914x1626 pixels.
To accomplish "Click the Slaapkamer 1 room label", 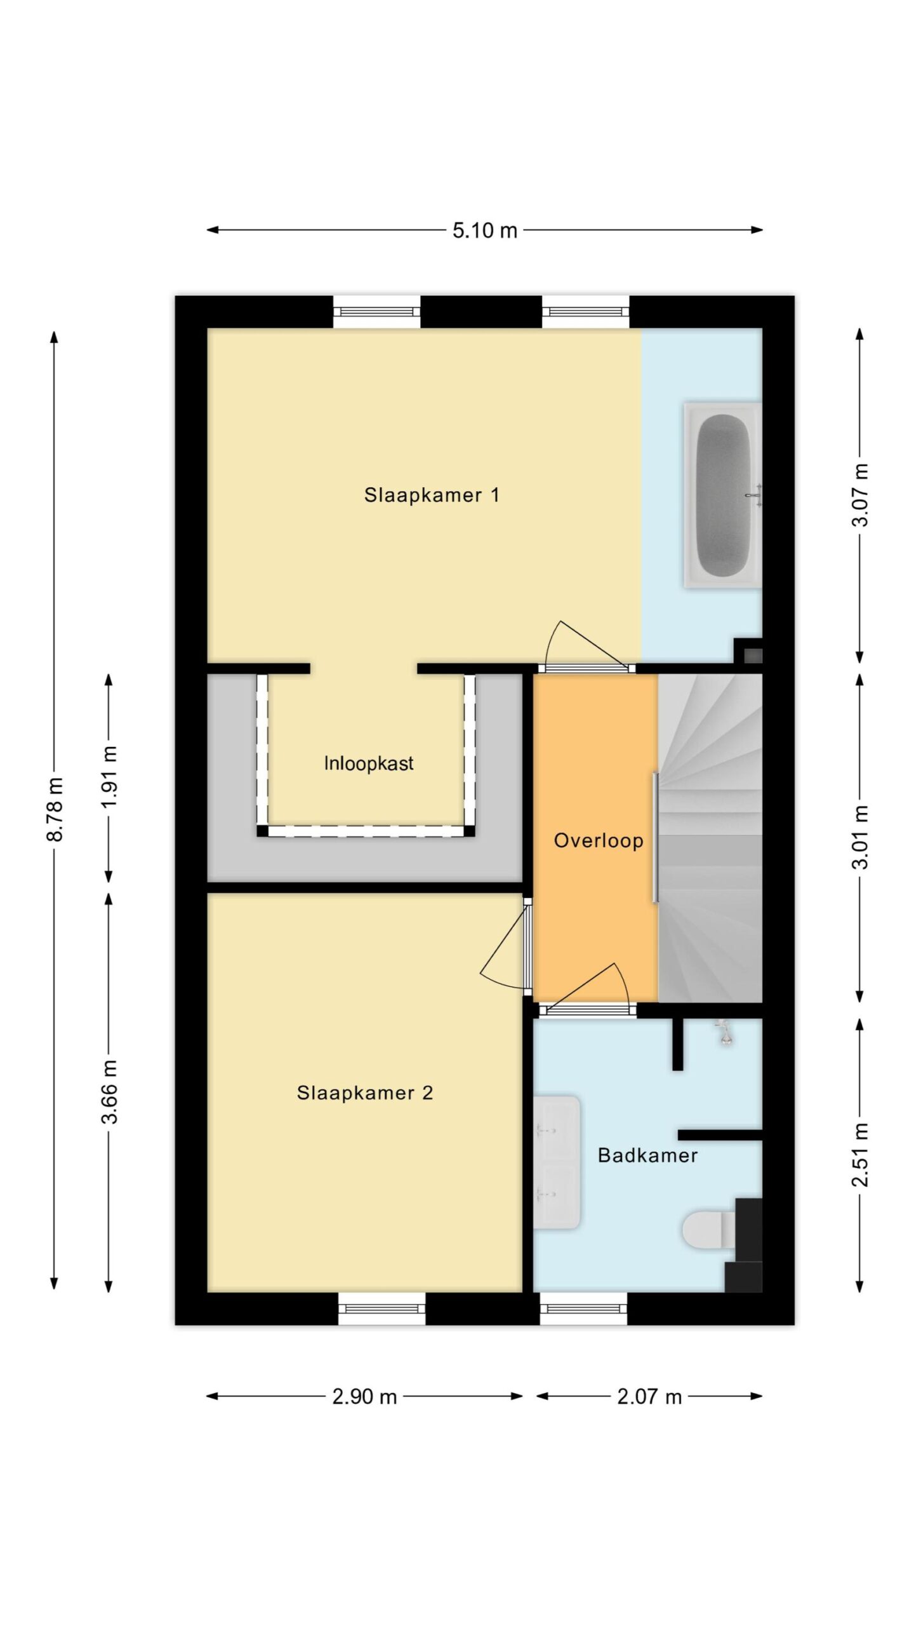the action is click(x=432, y=495).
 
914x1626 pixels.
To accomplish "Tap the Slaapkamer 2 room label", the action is click(x=365, y=1092).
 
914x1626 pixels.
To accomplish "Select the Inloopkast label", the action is click(x=369, y=763).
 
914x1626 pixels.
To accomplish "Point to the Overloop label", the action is click(x=599, y=841).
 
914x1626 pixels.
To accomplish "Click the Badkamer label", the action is click(x=647, y=1155).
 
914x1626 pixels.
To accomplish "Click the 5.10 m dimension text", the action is click(x=485, y=230).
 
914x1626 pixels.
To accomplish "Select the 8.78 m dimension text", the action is click(x=55, y=809).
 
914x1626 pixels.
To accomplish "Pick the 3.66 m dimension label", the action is click(x=110, y=1092).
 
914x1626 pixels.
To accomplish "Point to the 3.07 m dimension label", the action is click(x=860, y=495).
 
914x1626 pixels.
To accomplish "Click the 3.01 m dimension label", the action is click(x=860, y=837).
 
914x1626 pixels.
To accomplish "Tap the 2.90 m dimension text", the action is click(x=364, y=1396).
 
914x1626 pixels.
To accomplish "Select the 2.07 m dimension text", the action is click(x=649, y=1396).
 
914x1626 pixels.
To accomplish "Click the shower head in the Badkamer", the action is click(x=723, y=1032).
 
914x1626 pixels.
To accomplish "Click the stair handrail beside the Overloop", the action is click(x=655, y=837).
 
